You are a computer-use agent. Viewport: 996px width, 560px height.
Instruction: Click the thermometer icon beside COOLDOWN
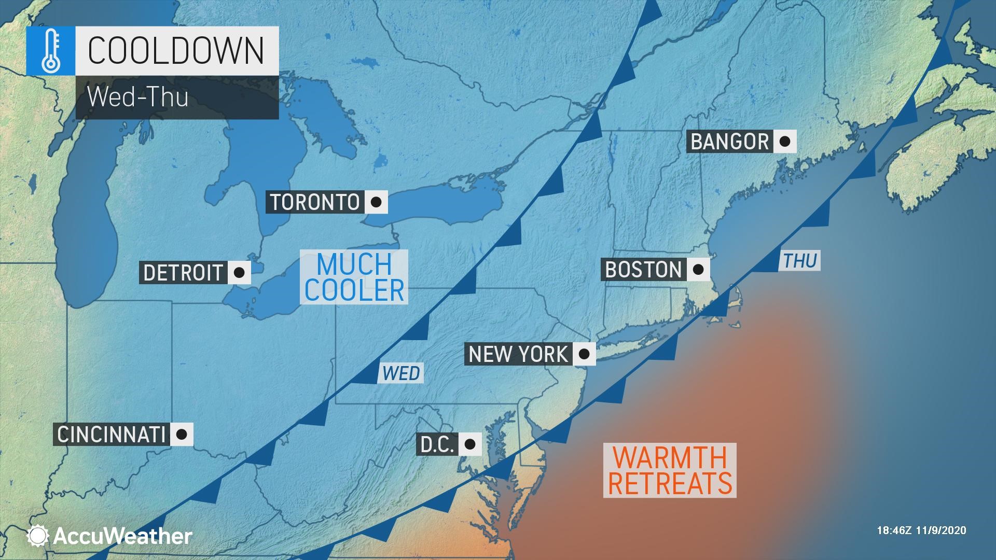(x=50, y=50)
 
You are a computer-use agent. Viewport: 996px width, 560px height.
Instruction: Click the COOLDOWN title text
(x=176, y=50)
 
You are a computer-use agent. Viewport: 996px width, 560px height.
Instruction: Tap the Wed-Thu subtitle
(x=138, y=97)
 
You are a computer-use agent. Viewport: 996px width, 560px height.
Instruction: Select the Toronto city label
(x=315, y=202)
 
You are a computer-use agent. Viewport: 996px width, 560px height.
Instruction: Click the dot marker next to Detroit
(x=239, y=272)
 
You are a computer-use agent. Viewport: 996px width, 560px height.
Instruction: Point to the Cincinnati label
(x=111, y=435)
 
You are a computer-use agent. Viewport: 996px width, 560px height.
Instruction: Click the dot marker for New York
(x=584, y=354)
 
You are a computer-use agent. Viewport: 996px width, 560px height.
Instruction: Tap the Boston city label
(x=643, y=270)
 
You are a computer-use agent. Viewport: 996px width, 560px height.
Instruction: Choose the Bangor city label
(x=730, y=142)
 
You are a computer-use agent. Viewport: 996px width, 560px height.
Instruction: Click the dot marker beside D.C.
(x=469, y=444)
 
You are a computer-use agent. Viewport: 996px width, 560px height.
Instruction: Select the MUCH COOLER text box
(x=354, y=277)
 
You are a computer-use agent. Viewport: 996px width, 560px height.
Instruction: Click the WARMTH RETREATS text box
(x=670, y=470)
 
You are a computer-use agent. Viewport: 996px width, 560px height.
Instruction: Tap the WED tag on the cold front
(x=401, y=373)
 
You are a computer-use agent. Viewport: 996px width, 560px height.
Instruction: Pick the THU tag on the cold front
(x=800, y=261)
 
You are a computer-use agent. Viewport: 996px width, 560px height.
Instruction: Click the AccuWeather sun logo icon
(x=38, y=536)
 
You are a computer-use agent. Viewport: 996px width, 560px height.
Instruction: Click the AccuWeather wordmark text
(x=122, y=536)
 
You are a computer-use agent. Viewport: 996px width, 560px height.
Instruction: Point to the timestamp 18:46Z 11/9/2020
(x=921, y=530)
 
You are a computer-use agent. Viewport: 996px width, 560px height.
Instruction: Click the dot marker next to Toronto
(x=376, y=202)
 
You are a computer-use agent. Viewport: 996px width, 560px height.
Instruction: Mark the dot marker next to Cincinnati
(x=181, y=435)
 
